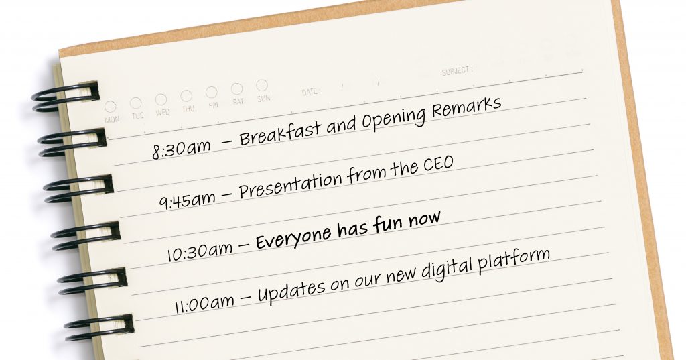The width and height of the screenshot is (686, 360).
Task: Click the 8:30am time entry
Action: pyautogui.click(x=181, y=148)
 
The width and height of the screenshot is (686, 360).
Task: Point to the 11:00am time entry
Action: pyautogui.click(x=204, y=302)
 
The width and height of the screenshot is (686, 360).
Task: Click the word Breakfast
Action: pyautogui.click(x=279, y=131)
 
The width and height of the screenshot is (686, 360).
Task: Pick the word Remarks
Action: pyautogui.click(x=466, y=108)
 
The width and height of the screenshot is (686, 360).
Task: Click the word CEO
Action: pyautogui.click(x=438, y=164)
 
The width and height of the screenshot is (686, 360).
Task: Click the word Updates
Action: pyautogui.click(x=291, y=288)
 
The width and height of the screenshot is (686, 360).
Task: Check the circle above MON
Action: pyautogui.click(x=111, y=107)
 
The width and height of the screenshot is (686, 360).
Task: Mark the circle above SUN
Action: pyautogui.click(x=262, y=85)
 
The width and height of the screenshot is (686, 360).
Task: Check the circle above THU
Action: pyautogui.click(x=186, y=96)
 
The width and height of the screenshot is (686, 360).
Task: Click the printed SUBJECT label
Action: pyautogui.click(x=457, y=71)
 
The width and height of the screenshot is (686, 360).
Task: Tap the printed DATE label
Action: pyautogui.click(x=311, y=92)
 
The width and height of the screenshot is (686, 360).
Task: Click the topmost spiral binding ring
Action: pyautogui.click(x=65, y=97)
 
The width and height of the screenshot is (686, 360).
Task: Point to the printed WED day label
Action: pyautogui.click(x=163, y=113)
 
